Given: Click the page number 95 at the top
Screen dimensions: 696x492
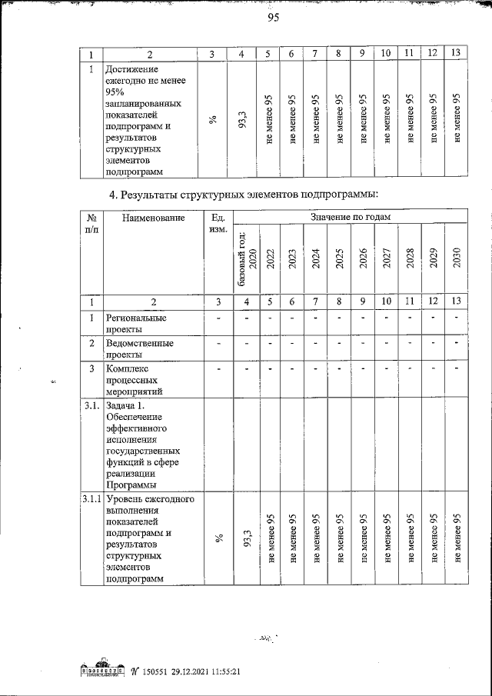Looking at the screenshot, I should [x=271, y=19].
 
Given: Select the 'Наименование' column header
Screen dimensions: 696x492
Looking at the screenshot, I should [x=154, y=218].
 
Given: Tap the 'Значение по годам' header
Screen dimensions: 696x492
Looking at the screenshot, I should [x=350, y=218].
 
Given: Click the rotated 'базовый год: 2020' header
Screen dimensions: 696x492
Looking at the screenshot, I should [x=247, y=258].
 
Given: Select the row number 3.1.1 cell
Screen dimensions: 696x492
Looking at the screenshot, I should [x=91, y=500].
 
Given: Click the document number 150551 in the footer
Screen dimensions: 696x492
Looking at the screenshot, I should [x=154, y=671].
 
